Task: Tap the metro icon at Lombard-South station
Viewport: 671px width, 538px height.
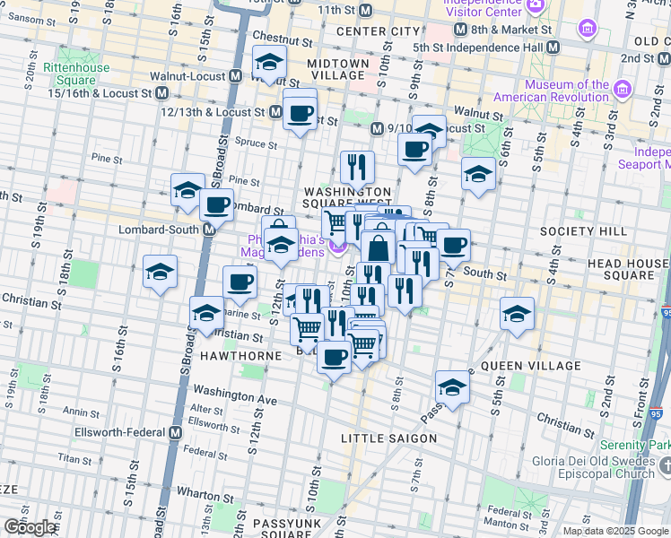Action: (208, 230)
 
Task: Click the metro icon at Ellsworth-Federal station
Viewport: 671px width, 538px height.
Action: (177, 432)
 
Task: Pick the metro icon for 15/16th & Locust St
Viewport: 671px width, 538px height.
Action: (161, 93)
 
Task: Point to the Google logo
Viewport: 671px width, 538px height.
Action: (30, 527)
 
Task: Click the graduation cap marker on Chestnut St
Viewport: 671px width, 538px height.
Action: (268, 63)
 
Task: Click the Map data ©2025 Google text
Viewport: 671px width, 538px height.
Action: (615, 531)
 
